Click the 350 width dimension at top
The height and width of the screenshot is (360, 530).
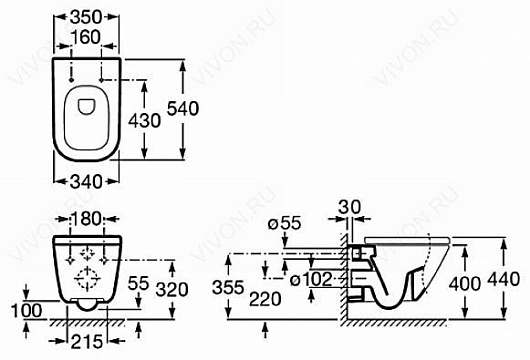click(x=86, y=17)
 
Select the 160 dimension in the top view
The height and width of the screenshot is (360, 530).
click(x=86, y=37)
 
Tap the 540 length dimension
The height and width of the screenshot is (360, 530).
click(x=183, y=109)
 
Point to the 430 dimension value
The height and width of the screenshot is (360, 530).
click(x=144, y=121)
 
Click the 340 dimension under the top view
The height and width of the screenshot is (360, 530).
click(x=86, y=182)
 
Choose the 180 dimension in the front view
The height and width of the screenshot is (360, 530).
click(x=87, y=219)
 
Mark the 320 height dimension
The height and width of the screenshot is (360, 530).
click(x=172, y=290)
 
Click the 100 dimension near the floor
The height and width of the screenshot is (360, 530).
click(x=27, y=311)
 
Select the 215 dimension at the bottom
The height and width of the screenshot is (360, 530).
click(x=87, y=341)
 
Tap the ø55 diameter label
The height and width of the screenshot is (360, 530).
click(x=284, y=223)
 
